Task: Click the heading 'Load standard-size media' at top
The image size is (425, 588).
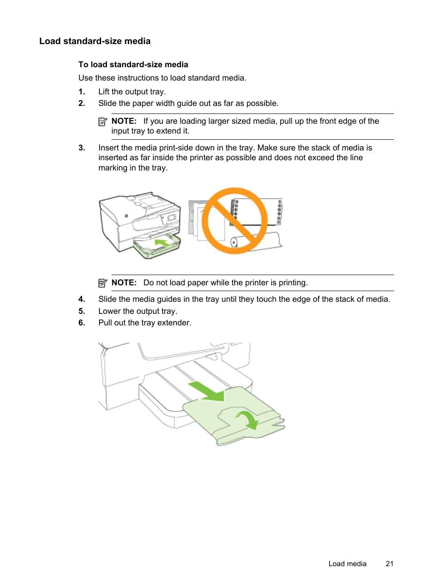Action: tap(95, 41)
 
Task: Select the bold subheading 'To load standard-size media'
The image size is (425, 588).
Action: tap(133, 65)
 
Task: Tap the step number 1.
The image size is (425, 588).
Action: tap(82, 92)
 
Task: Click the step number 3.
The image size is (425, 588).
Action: tap(82, 148)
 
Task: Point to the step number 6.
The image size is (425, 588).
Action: tap(82, 323)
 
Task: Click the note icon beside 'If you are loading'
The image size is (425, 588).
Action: tap(103, 122)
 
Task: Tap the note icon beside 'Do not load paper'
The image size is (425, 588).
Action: tap(103, 283)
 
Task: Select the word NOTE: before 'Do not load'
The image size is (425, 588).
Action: tap(124, 283)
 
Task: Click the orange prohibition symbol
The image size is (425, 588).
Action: tap(234, 221)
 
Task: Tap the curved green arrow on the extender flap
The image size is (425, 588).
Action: tap(248, 419)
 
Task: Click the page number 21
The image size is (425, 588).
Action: tap(389, 564)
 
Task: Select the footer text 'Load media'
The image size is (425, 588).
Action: tap(347, 564)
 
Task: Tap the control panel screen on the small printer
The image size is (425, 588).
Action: tap(171, 218)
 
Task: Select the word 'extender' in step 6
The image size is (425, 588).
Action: tap(174, 323)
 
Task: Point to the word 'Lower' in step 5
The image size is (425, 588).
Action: tap(110, 311)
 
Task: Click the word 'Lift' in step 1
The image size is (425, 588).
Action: tap(104, 92)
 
